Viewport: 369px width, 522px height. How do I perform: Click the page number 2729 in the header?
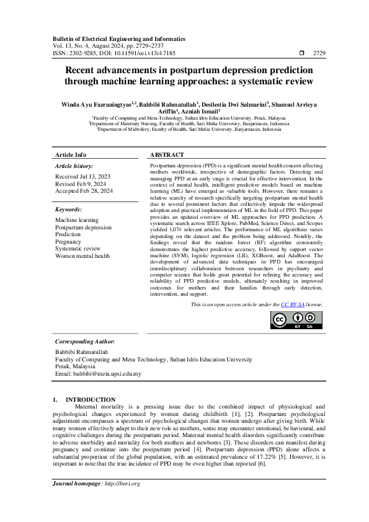click(320, 53)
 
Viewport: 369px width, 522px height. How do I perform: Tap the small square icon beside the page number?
click(301, 53)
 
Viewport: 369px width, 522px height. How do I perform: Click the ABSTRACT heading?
click(167, 154)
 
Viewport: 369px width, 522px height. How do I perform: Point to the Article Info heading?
click(71, 154)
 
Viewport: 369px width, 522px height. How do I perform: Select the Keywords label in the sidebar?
click(68, 210)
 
